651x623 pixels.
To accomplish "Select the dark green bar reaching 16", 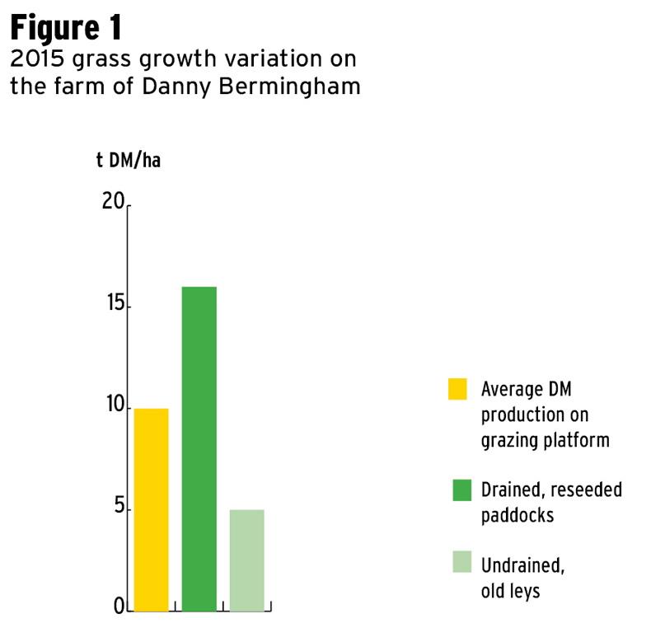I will tap(199, 447).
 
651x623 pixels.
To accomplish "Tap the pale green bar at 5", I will tap(246, 560).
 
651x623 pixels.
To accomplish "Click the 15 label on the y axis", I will tap(113, 305).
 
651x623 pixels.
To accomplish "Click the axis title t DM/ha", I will tap(128, 160).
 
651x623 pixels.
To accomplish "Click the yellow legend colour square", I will tap(457, 388).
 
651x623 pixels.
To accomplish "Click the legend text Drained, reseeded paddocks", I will tap(551, 502).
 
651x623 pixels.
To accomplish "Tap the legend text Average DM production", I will tap(545, 414).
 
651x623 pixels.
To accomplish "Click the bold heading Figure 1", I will tap(66, 28).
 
